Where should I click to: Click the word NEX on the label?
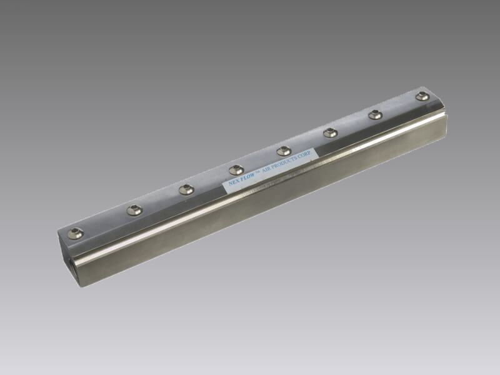[x=234, y=182]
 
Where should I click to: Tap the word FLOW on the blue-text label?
[x=247, y=177]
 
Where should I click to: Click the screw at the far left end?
[x=75, y=234]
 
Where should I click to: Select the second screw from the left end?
[x=134, y=210]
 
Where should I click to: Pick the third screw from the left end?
[x=186, y=190]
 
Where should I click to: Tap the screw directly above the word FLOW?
[x=237, y=169]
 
